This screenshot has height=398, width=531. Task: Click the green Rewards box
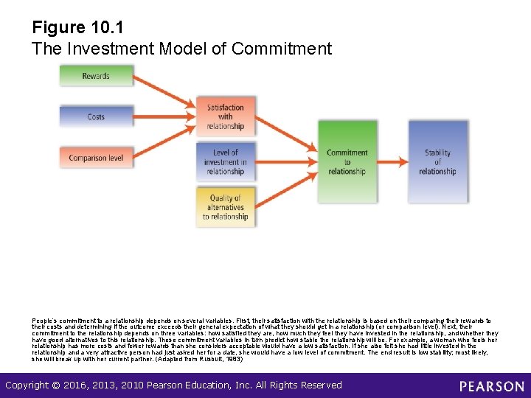[96, 76]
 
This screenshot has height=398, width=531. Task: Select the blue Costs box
[96, 116]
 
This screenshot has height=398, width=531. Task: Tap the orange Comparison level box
[96, 158]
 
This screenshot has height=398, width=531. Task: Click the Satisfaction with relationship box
[225, 117]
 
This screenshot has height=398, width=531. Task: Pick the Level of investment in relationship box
[225, 162]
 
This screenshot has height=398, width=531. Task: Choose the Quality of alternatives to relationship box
[225, 207]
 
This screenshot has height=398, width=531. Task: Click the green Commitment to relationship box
[347, 162]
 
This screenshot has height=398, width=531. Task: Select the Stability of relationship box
[437, 162]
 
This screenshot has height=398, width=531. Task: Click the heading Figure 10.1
[77, 28]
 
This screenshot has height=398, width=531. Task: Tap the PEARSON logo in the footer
[491, 385]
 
